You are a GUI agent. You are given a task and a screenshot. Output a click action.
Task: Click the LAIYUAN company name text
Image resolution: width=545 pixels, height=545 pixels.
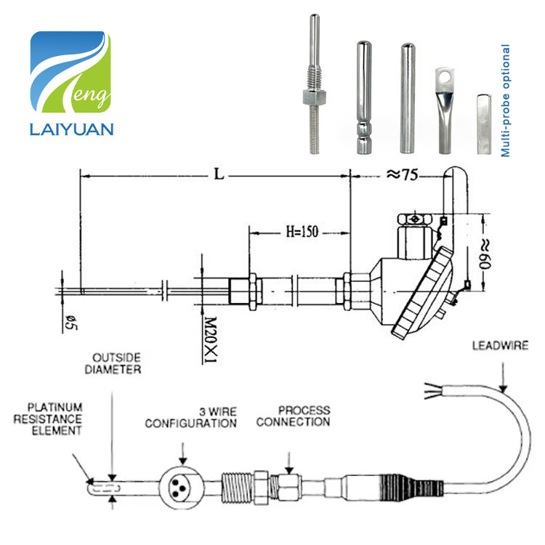point(72,129)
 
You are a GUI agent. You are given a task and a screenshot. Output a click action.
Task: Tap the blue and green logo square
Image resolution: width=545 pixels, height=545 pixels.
point(70,72)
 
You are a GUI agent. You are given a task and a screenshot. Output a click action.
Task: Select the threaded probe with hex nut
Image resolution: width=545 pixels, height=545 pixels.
point(314,84)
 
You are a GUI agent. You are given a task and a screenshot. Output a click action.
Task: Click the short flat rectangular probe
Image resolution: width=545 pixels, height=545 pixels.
point(484,124)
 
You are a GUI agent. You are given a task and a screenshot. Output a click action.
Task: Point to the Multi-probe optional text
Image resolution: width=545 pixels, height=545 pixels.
point(505,100)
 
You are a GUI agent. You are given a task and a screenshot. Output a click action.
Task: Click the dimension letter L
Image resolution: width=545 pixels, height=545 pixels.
point(219,174)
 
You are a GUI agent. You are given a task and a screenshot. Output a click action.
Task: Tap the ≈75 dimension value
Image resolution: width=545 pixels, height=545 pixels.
point(403,174)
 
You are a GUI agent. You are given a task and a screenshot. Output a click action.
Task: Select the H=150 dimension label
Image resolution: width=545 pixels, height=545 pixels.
point(302,232)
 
